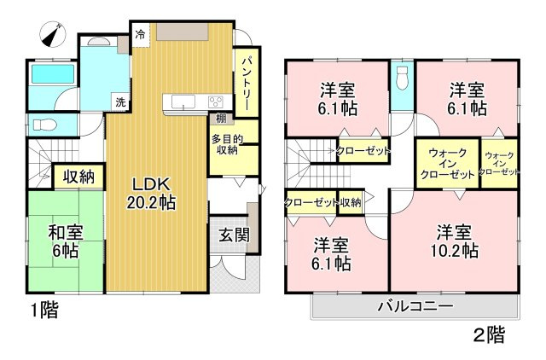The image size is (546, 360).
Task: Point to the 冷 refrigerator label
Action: (140, 36)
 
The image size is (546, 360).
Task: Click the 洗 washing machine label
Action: (120, 102)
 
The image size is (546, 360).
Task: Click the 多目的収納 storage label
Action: (225, 144)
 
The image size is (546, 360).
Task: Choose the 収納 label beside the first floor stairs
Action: (79, 177)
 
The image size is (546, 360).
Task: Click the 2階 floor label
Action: (489, 335)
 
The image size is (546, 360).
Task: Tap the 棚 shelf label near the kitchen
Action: (221, 119)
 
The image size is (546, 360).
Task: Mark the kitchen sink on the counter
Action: (184, 102)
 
